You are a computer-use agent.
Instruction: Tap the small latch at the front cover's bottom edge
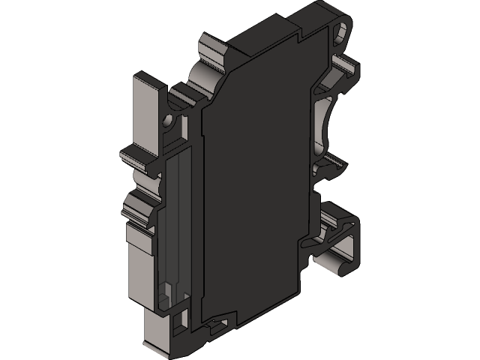click(217, 325)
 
